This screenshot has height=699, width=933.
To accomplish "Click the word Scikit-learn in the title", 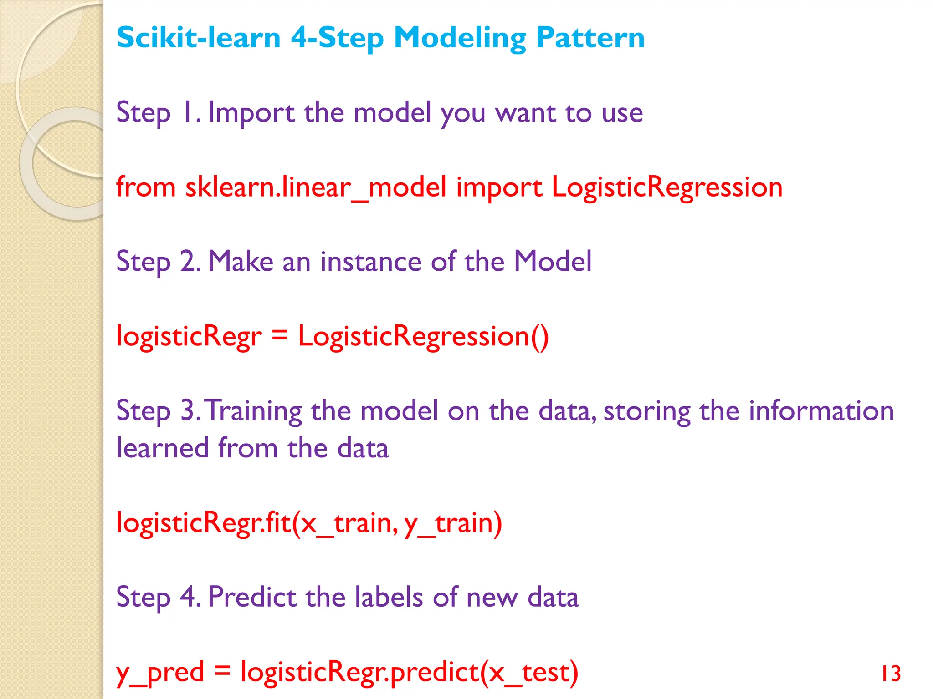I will click(x=198, y=37).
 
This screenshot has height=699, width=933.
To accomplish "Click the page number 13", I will click(x=891, y=674).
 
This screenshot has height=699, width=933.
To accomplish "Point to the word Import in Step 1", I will click(x=251, y=113).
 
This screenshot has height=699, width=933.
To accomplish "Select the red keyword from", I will click(x=146, y=187).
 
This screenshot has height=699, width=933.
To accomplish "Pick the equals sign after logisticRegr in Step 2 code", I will click(x=280, y=336).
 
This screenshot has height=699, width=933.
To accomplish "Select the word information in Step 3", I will click(x=821, y=411).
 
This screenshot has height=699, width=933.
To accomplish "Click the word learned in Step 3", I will click(x=162, y=448).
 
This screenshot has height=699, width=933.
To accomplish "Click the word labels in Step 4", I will click(x=389, y=597).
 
